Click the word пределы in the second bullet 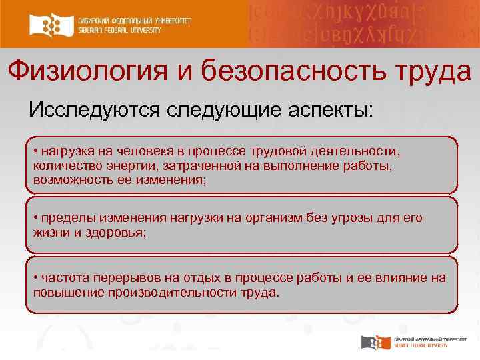coord(64,218)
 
